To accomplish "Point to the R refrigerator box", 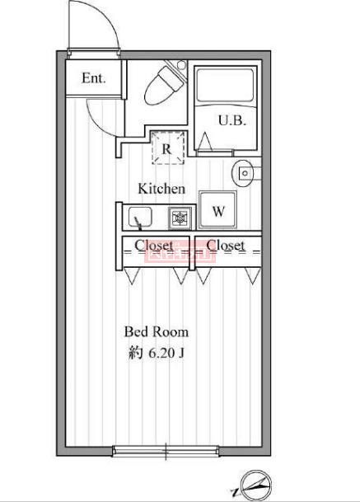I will click(166, 149).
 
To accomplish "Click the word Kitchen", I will click(161, 189).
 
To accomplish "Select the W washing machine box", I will click(218, 211).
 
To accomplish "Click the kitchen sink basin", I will click(139, 218).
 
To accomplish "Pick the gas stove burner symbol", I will click(178, 218).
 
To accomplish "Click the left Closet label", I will click(154, 246).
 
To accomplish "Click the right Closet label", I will click(226, 246).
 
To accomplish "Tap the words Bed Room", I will click(156, 332).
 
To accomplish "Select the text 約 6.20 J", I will click(156, 353).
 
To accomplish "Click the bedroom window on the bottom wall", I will click(166, 450).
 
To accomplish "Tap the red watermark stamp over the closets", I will click(180, 251).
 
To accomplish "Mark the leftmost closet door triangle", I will click(131, 276).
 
